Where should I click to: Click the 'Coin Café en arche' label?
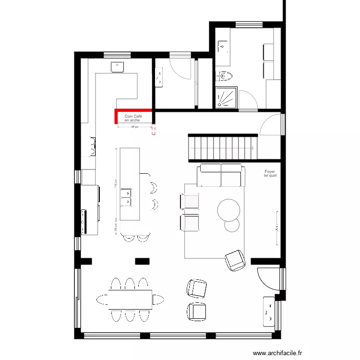click(x=133, y=118)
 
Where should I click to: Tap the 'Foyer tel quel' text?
click(x=270, y=173)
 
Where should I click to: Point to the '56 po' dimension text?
click(x=135, y=127)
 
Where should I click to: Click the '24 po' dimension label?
click(x=116, y=229)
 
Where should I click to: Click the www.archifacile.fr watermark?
click(x=278, y=352)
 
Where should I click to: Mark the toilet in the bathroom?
click(x=224, y=76)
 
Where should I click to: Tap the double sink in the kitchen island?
click(x=127, y=197)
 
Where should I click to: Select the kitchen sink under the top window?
click(x=118, y=67)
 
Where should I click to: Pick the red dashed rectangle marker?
click(x=154, y=130)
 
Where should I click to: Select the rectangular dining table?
click(x=130, y=299)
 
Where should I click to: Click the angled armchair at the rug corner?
click(x=235, y=260)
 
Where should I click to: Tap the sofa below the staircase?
click(x=220, y=175)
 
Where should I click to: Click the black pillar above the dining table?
click(x=142, y=261)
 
